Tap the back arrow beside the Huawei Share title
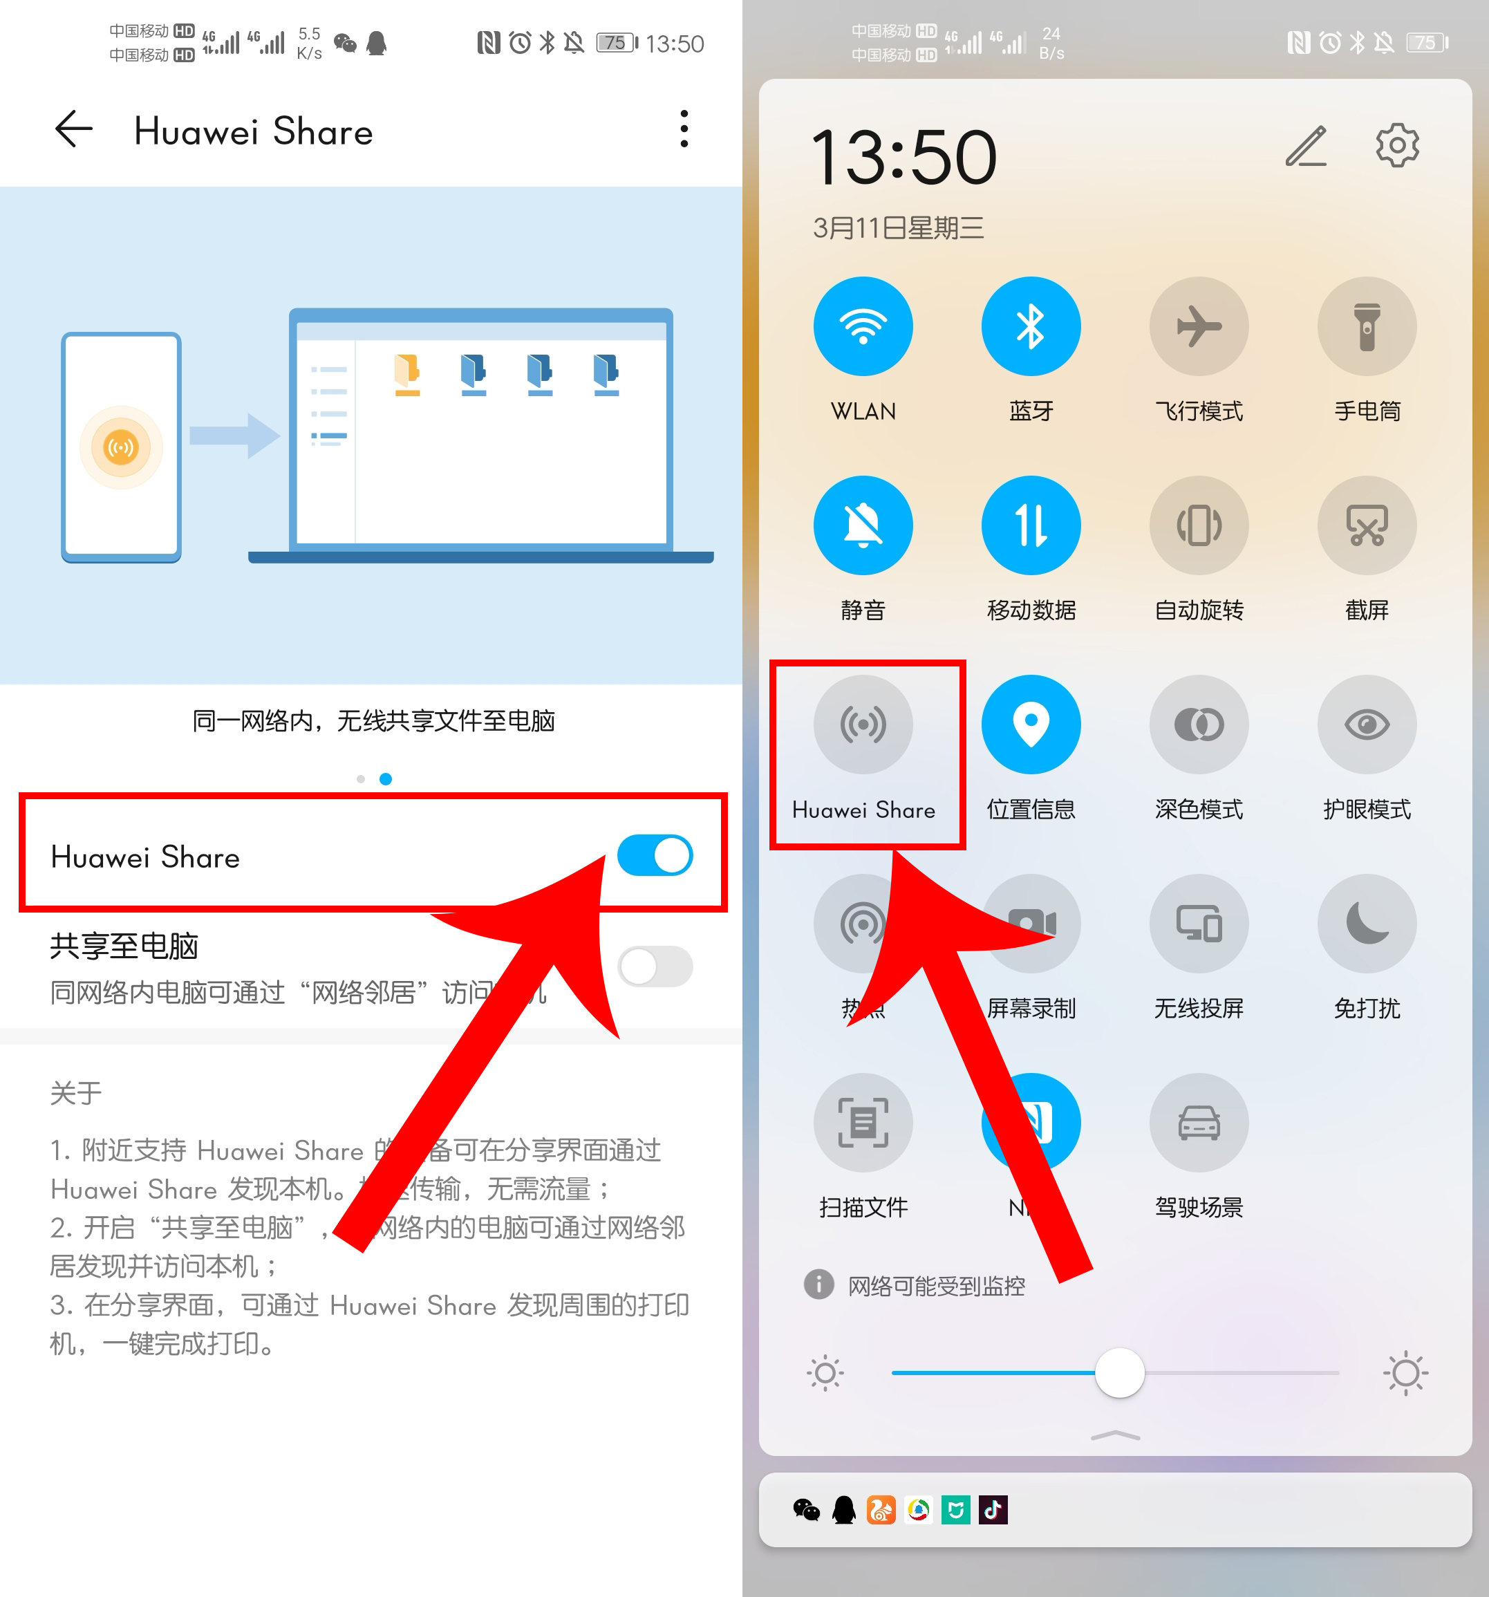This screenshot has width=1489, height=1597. point(74,129)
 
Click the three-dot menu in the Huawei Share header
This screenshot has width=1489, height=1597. point(684,129)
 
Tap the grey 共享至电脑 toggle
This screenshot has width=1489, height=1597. point(655,966)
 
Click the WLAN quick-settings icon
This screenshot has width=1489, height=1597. point(863,326)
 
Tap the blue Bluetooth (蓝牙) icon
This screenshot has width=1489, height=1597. point(1031,326)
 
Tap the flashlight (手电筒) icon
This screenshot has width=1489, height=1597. point(1366,326)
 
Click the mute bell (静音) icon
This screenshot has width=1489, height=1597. point(863,525)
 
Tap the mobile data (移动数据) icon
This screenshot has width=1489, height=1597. point(1031,525)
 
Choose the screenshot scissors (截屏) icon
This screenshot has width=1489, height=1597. point(1366,525)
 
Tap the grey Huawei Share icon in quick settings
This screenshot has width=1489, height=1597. point(863,725)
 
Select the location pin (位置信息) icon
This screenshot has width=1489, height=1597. point(1031,725)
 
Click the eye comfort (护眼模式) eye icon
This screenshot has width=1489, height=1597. point(1366,725)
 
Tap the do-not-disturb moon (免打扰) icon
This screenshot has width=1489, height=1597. point(1366,924)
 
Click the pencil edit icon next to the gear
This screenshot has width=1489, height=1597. point(1307,146)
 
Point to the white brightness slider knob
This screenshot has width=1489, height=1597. point(1120,1373)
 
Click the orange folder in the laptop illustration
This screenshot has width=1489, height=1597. point(407,373)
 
